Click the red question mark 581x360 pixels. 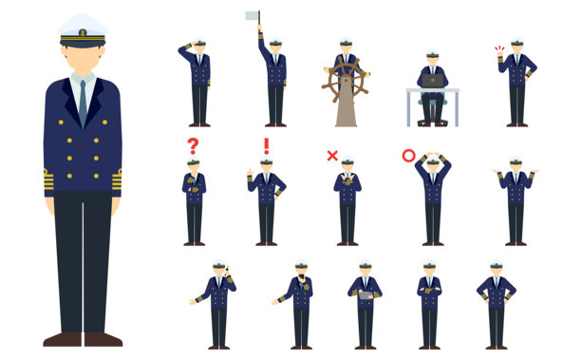pyautogui.click(x=193, y=146)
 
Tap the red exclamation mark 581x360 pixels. pyautogui.click(x=266, y=146)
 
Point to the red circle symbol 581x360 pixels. pyautogui.click(x=408, y=155)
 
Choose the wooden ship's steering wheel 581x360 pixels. pyautogui.click(x=346, y=81)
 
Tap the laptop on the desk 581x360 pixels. pyautogui.click(x=433, y=82)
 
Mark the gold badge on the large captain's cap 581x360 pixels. pyautogui.click(x=83, y=33)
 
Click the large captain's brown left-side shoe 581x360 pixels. pyautogui.click(x=62, y=339)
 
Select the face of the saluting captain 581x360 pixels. pyautogui.click(x=200, y=48)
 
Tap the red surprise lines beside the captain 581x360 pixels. pyautogui.click(x=499, y=49)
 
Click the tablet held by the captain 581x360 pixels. pyautogui.click(x=365, y=295)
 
